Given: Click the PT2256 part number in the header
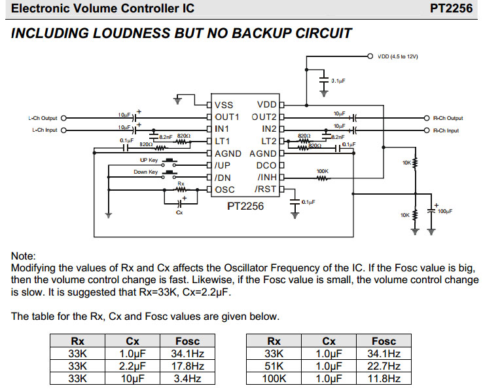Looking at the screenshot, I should tap(451, 9).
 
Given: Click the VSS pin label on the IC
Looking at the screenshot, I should tap(224, 105).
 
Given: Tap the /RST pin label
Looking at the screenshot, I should tap(266, 189).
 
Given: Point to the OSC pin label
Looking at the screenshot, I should tap(225, 189).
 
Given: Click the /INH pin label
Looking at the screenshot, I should tap(267, 177).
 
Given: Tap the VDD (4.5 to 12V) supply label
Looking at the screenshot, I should tap(398, 56).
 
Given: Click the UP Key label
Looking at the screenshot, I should tap(148, 160).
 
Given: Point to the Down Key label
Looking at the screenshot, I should tap(145, 172).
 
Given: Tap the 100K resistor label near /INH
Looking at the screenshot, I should tap(322, 172).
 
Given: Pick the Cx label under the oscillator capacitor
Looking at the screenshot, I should tap(179, 213).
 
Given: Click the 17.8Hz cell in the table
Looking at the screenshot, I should tap(187, 366).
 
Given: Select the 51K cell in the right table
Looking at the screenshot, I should tap(274, 366).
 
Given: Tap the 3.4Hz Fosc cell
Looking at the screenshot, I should tap(187, 378).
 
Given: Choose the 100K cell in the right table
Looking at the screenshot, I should tap(274, 378).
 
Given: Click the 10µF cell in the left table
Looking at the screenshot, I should tap(133, 378).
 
